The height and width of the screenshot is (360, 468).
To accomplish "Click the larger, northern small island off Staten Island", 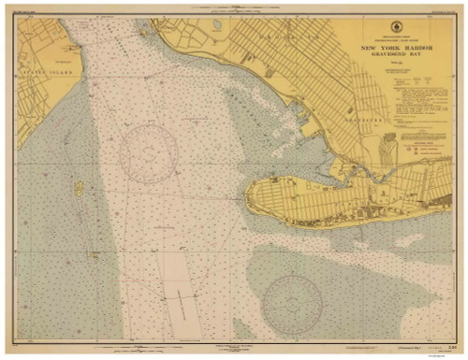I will pyautogui.click(x=80, y=188).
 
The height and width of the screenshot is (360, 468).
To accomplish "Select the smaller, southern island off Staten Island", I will pyautogui.click(x=95, y=253).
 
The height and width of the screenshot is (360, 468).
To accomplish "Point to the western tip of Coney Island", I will pyautogui.click(x=249, y=197).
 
